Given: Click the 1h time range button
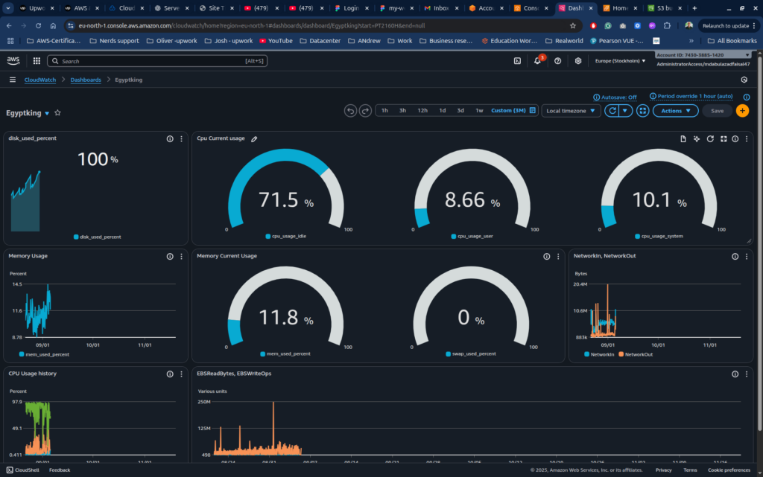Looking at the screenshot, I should [384, 111].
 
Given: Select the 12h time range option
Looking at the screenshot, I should [422, 111].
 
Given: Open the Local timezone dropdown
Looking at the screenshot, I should [571, 111].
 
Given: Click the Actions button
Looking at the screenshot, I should [675, 111].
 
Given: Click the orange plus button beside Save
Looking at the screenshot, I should [742, 111].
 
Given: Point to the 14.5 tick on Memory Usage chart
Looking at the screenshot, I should [16, 284].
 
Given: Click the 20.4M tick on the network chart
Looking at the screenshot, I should [580, 284].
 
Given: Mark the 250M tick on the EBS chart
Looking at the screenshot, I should [204, 402].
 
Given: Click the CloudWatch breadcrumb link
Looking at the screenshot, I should [40, 80].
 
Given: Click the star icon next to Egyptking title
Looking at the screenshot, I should [57, 113].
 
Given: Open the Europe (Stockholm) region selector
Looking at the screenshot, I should [621, 61].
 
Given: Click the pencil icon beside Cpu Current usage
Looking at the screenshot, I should [254, 138].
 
